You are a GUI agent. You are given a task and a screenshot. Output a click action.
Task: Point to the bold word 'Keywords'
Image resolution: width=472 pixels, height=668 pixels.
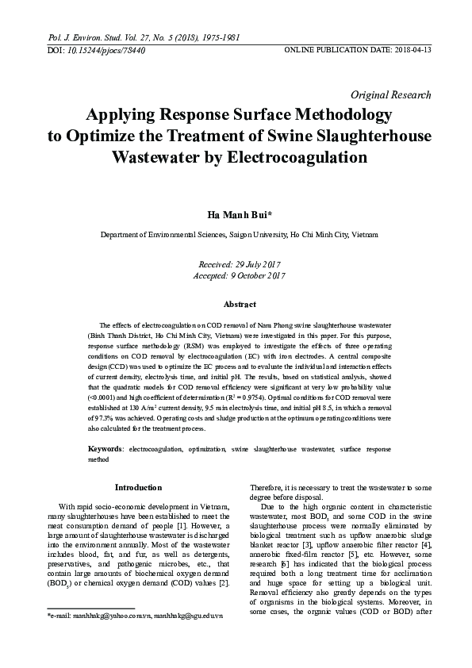(x=105, y=449)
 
